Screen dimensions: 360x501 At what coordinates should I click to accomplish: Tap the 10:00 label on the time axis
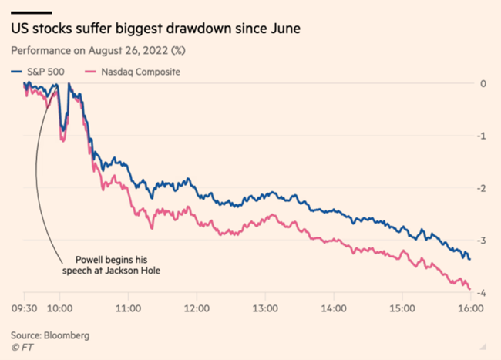59,307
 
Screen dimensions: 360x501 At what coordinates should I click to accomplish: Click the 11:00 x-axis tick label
128,307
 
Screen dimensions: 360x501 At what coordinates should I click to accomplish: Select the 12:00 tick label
197,307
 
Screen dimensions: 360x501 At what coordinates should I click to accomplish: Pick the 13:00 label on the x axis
265,307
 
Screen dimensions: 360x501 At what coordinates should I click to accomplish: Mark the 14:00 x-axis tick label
333,307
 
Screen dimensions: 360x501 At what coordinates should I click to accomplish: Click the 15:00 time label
402,307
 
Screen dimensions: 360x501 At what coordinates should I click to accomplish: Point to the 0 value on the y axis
483,84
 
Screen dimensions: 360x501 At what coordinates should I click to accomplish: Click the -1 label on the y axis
481,136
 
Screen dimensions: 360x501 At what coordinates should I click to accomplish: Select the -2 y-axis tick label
481,189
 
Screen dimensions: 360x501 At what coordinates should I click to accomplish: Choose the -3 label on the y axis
481,241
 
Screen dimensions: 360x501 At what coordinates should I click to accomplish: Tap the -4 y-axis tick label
481,294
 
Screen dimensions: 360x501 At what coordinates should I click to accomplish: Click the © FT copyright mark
22,348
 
